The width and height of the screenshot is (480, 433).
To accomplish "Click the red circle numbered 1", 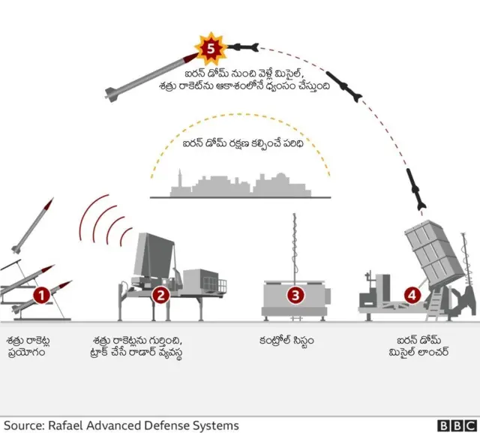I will (41, 295).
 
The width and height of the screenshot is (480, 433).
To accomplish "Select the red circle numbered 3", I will (295, 295).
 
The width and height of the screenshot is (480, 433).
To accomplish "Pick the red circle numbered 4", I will (411, 295).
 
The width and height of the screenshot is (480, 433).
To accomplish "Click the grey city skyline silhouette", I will (240, 185).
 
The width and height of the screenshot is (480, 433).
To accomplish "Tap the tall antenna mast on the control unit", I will (294, 244).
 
